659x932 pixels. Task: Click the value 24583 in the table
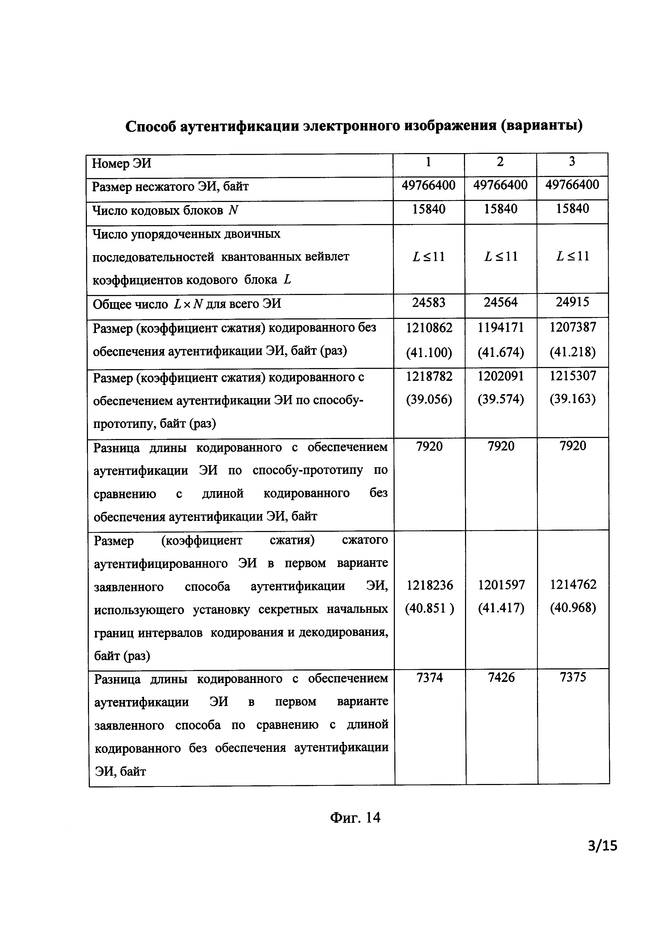coord(429,302)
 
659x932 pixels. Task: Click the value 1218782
coord(429,376)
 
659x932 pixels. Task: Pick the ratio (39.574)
coord(501,400)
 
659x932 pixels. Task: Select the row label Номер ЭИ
coord(122,164)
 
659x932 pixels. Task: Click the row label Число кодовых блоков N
coord(165,211)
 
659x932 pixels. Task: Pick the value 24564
coord(501,302)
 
